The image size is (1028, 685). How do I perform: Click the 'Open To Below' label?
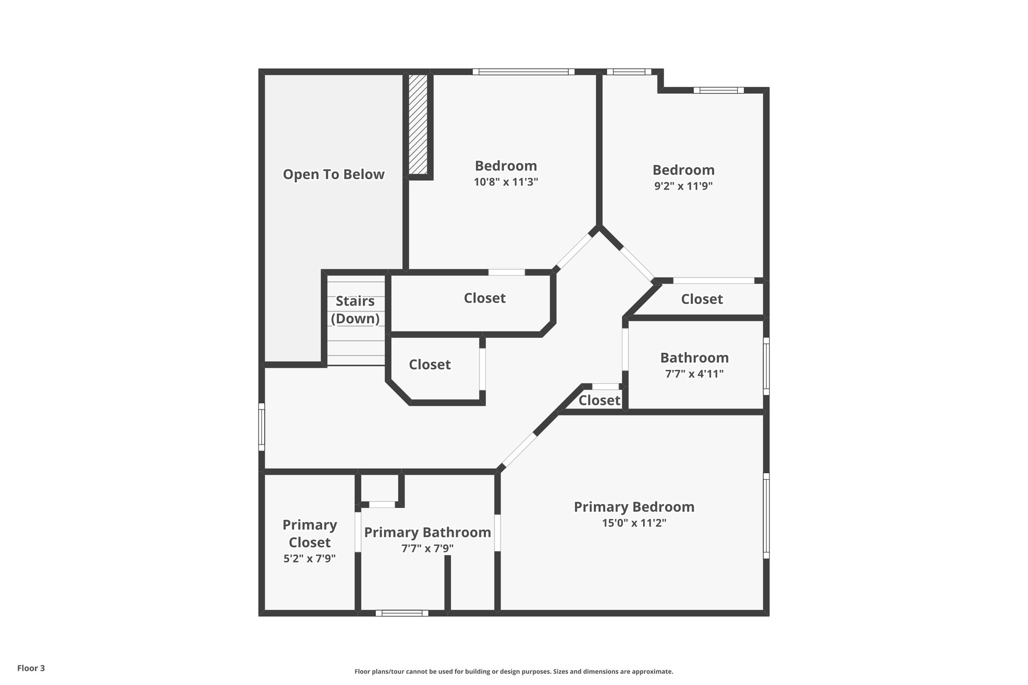pyautogui.click(x=333, y=175)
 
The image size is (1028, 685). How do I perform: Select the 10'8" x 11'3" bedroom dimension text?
pyautogui.click(x=505, y=182)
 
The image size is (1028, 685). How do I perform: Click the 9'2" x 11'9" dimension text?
pyautogui.click(x=683, y=186)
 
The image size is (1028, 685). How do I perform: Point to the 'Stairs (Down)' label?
pyautogui.click(x=355, y=310)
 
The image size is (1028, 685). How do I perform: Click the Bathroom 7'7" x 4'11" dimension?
pyautogui.click(x=694, y=374)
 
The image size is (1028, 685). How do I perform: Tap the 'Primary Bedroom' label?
pyautogui.click(x=634, y=507)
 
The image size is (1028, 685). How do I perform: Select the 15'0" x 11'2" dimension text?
pyautogui.click(x=634, y=523)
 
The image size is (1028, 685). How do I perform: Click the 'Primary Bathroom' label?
pyautogui.click(x=427, y=532)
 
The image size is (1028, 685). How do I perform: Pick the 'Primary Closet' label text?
pyautogui.click(x=310, y=533)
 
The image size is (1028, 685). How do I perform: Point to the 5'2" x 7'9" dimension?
pyautogui.click(x=310, y=559)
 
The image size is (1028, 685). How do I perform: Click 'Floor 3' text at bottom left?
pyautogui.click(x=31, y=668)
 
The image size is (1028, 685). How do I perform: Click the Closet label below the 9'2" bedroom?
pyautogui.click(x=702, y=299)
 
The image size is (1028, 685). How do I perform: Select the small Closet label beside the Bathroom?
pyautogui.click(x=599, y=400)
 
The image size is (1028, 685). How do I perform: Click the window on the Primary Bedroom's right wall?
pyautogui.click(x=766, y=515)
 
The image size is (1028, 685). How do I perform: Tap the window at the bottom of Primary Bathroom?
pyautogui.click(x=402, y=613)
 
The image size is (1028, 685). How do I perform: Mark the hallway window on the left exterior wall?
pyautogui.click(x=262, y=427)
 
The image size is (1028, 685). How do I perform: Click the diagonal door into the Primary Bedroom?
pyautogui.click(x=519, y=450)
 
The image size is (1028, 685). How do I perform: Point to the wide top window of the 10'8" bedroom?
pyautogui.click(x=523, y=72)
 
